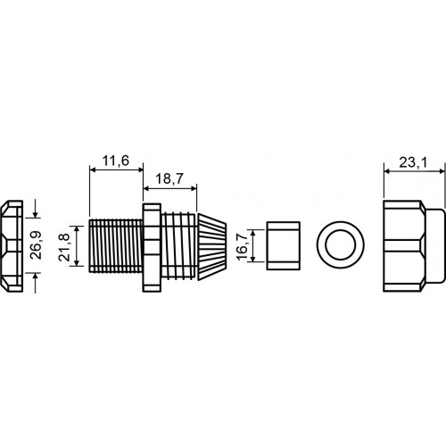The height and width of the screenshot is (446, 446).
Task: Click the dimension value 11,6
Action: (x=116, y=161)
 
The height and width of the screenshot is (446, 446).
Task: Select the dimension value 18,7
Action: (x=169, y=179)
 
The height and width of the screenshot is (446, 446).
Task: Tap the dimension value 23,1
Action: (x=413, y=162)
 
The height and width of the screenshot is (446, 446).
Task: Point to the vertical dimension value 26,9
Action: (x=37, y=245)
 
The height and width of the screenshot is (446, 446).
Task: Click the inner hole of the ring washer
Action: (x=341, y=244)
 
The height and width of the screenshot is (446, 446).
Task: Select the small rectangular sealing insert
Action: (x=283, y=245)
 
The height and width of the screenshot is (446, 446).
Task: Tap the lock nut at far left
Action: (x=12, y=246)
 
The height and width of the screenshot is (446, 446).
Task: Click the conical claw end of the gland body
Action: (x=212, y=246)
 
